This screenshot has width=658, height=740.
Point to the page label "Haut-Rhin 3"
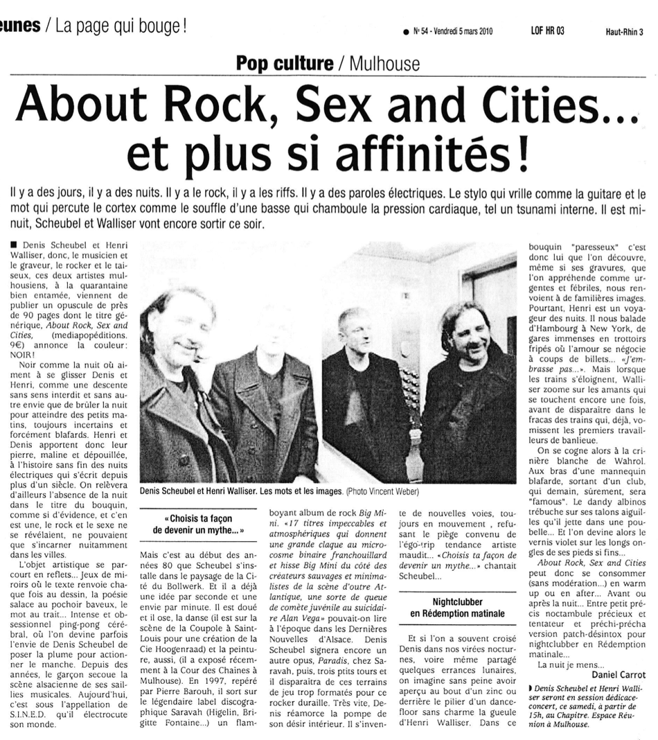(624, 31)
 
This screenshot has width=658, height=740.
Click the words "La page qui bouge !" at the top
(121, 28)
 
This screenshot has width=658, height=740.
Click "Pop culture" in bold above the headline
(285, 64)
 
